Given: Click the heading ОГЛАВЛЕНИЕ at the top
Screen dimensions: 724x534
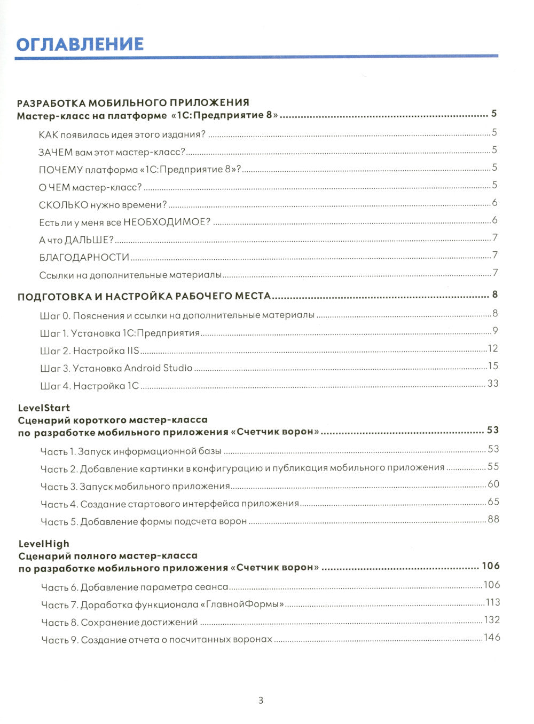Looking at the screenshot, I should point(80,44).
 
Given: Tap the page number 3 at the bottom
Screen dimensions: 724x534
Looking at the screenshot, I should point(261,701).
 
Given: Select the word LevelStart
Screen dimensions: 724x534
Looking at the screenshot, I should point(44,408).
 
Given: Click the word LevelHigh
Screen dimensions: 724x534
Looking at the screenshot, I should point(44,544).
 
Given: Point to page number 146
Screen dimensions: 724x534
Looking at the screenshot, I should point(492,637).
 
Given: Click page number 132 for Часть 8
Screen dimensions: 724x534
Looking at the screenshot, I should point(492,619).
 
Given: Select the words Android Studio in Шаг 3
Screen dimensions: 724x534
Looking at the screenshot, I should point(158,368).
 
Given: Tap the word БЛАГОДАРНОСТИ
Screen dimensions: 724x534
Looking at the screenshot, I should point(84,257).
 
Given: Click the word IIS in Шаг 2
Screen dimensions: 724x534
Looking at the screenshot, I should point(133,351).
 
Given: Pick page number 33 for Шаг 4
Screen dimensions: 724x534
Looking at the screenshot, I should point(492,383).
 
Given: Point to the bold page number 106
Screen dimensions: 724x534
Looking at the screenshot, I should point(490,566).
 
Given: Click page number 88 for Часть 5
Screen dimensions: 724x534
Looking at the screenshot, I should point(493,519).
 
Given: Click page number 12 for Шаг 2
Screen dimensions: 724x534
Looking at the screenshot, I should point(492,348).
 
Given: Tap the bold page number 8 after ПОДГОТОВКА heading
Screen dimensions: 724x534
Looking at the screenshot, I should point(495,295).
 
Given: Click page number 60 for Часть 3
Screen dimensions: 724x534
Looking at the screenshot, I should point(493,484).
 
